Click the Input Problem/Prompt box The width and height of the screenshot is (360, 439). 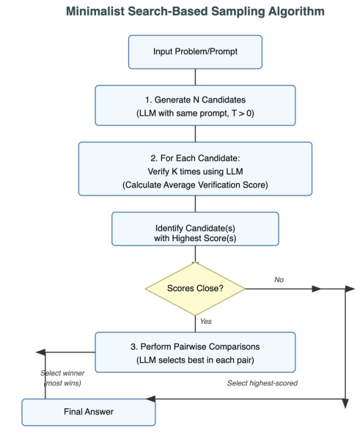tap(195, 52)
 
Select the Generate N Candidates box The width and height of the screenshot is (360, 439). tap(195, 106)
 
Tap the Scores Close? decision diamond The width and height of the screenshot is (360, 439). tap(195, 289)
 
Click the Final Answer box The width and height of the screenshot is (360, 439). tap(89, 412)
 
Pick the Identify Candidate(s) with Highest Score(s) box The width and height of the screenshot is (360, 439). tap(195, 229)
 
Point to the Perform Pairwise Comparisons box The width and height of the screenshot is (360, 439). tap(195, 353)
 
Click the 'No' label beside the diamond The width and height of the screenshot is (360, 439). tap(279, 280)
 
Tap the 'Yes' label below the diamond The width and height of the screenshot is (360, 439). tap(206, 322)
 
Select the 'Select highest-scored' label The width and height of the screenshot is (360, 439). tap(262, 383)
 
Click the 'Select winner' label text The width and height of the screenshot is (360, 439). tap(62, 373)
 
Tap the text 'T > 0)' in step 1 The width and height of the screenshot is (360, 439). tap(243, 114)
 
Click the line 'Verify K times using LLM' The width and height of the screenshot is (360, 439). tap(195, 171)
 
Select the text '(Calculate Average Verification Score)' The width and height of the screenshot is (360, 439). tap(195, 185)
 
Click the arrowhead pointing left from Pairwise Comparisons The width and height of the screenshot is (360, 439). tap(40, 353)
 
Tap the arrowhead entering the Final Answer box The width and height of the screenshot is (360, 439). tap(151, 399)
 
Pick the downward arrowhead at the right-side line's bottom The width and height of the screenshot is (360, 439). tap(346, 404)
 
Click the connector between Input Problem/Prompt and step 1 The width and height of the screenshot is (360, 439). tap(195, 77)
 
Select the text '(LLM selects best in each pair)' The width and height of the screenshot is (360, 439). tap(195, 360)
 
